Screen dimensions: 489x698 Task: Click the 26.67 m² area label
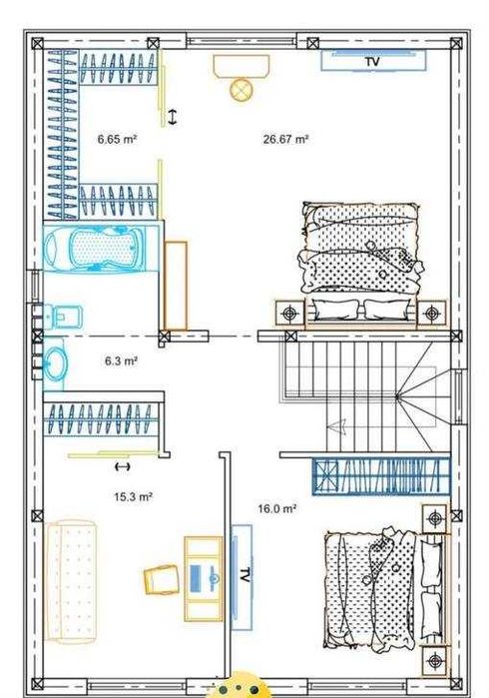pyautogui.click(x=285, y=140)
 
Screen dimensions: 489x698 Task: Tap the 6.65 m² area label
pyautogui.click(x=117, y=139)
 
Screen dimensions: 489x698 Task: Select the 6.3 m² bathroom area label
pyautogui.click(x=121, y=360)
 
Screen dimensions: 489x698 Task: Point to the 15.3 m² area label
pyautogui.click(x=134, y=496)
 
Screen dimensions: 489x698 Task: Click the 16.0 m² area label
pyautogui.click(x=277, y=508)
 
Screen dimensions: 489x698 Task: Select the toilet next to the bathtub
pyautogui.click(x=63, y=317)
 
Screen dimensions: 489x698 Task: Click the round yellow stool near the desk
pyautogui.click(x=242, y=90)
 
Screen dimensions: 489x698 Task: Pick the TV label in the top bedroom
pyautogui.click(x=373, y=61)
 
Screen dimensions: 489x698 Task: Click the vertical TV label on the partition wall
pyautogui.click(x=244, y=575)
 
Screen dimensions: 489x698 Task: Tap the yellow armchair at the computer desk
pyautogui.click(x=161, y=579)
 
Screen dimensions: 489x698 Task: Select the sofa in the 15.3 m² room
pyautogui.click(x=70, y=582)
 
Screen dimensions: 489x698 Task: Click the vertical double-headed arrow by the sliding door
pyautogui.click(x=173, y=117)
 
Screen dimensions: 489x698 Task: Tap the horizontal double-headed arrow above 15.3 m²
pyautogui.click(x=123, y=466)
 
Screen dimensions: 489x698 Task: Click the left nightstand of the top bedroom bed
pyautogui.click(x=289, y=314)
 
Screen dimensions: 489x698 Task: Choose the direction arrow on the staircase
pyautogui.click(x=337, y=426)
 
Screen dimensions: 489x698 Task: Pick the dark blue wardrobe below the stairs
pyautogui.click(x=381, y=476)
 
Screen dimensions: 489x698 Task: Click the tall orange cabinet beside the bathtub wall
pyautogui.click(x=176, y=286)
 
